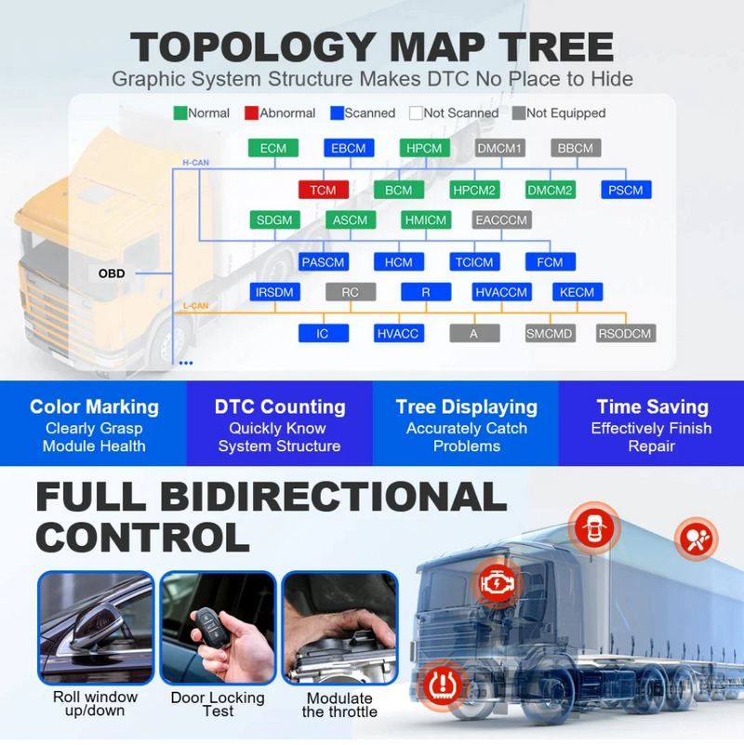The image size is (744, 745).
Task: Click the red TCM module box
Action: (323, 190)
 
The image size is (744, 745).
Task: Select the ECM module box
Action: (273, 148)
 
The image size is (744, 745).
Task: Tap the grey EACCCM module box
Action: (501, 220)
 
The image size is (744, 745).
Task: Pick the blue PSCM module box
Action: (626, 190)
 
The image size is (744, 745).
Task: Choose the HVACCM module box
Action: (501, 292)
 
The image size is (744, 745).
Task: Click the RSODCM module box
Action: (626, 334)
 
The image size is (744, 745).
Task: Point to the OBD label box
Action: (112, 273)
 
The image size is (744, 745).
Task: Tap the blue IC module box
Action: (323, 334)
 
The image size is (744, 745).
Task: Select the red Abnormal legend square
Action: (251, 113)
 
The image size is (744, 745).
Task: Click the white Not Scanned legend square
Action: (416, 113)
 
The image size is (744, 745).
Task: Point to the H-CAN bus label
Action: (195, 163)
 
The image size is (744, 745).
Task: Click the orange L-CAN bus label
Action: (195, 305)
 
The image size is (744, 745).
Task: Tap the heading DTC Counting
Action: (280, 406)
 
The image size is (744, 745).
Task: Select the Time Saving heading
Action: (652, 406)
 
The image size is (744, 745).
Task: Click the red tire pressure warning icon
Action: (443, 685)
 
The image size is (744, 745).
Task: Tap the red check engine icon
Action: (498, 583)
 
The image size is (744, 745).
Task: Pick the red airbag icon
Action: (696, 539)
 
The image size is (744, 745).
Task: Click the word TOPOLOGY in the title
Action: (253, 47)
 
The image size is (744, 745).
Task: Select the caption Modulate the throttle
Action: (339, 705)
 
